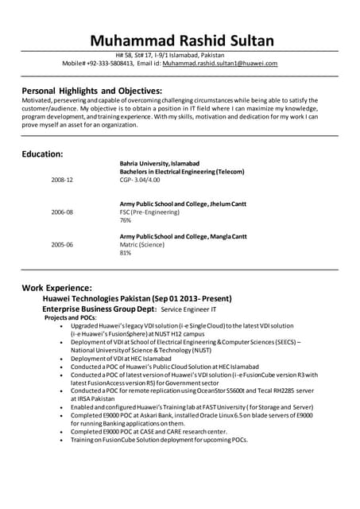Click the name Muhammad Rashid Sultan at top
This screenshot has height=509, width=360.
click(182, 41)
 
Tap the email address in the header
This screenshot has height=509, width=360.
click(226, 63)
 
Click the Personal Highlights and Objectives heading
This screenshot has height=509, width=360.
click(92, 91)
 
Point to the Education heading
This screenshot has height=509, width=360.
click(42, 153)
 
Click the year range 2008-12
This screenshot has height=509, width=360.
click(62, 181)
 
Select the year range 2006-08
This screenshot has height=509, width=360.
click(62, 212)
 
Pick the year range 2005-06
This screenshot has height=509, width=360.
click(62, 245)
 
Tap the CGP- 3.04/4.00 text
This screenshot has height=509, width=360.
click(145, 180)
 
